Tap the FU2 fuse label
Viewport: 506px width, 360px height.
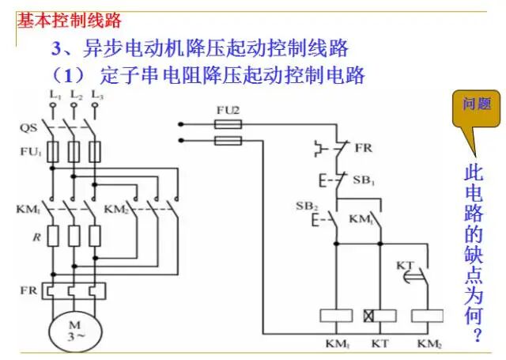pyautogui.click(x=227, y=110)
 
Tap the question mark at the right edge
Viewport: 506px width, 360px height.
pyautogui.click(x=475, y=335)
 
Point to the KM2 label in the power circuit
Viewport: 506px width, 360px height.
pyautogui.click(x=116, y=210)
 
